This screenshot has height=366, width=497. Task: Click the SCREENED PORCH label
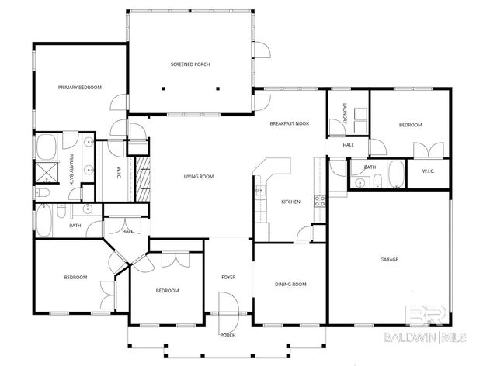click(x=190, y=64)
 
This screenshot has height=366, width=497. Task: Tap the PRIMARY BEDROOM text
click(x=80, y=88)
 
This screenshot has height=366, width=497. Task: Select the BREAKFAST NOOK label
click(x=289, y=124)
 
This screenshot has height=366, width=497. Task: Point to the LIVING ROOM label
click(x=198, y=177)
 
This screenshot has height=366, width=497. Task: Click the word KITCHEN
click(x=290, y=202)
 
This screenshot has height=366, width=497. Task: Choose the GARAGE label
click(x=389, y=259)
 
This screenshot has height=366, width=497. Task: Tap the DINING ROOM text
click(x=290, y=285)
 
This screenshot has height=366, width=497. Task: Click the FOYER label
click(x=228, y=277)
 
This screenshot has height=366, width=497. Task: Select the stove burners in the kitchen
click(x=318, y=202)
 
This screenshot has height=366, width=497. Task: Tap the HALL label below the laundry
click(x=349, y=145)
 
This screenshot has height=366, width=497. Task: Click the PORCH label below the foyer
click(x=228, y=335)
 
